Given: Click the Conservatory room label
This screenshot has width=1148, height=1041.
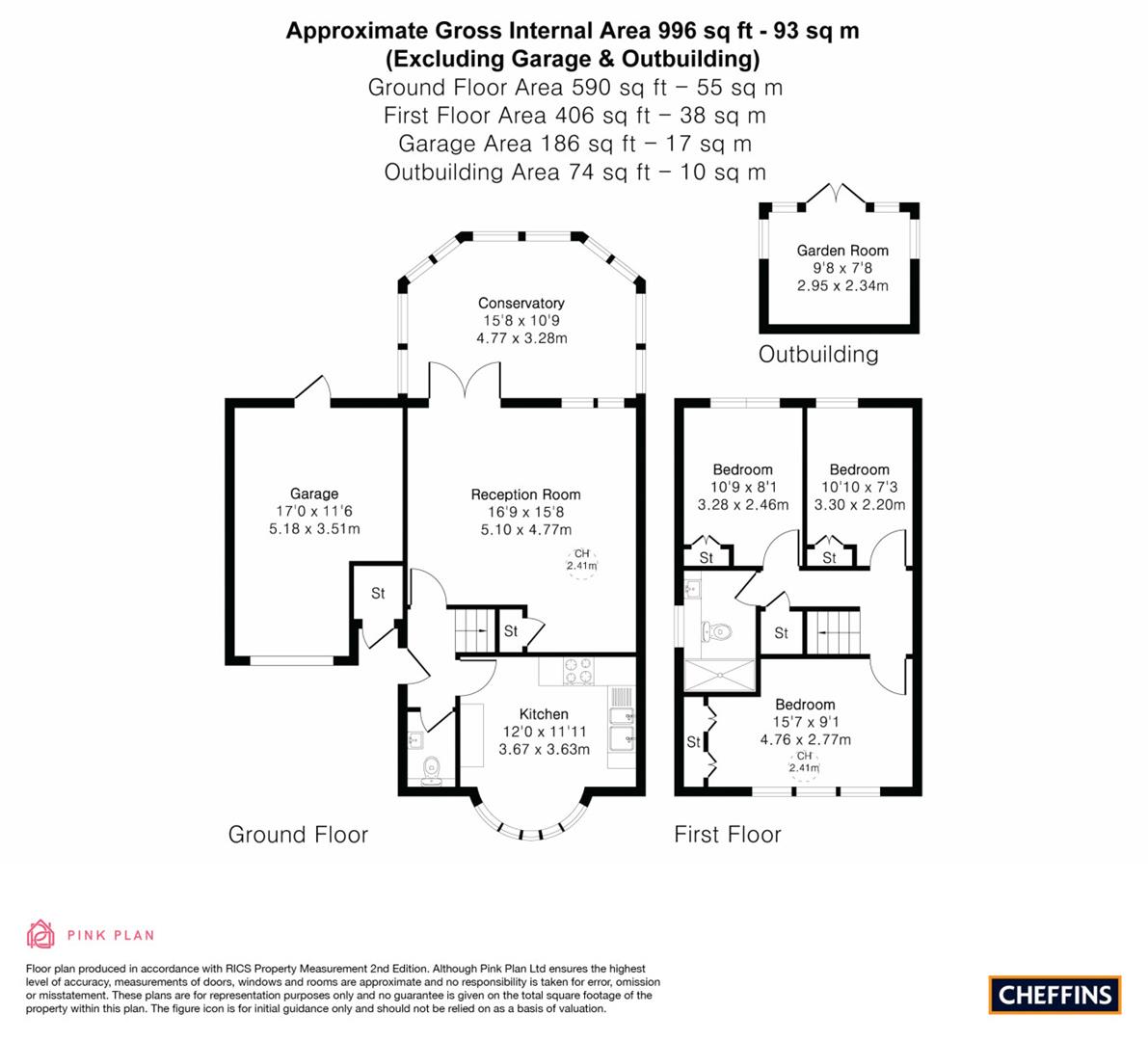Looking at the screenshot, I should [521, 303].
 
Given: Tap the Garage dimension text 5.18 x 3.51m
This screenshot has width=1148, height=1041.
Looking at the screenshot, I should [314, 528].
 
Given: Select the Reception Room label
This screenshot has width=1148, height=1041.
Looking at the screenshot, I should [525, 494].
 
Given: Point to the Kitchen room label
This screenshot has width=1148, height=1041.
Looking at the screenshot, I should [544, 714].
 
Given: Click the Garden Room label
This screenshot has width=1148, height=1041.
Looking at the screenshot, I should [841, 251].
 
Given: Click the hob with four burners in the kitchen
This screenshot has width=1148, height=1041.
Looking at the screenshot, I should [577, 671].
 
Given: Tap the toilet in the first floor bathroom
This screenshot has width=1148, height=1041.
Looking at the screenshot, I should [718, 631].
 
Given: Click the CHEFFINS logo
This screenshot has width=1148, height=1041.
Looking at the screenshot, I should [1055, 994].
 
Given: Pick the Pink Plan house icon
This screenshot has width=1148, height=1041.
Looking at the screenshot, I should [41, 934].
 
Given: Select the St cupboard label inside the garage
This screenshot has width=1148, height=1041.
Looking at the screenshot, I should [378, 594].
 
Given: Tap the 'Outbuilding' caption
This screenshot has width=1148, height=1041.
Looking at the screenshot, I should [818, 354].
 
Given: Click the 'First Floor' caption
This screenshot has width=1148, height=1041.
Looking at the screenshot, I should [727, 834].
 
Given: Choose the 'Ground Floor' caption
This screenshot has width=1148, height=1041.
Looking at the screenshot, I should [298, 834].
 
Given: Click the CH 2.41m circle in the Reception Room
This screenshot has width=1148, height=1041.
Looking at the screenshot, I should [581, 560].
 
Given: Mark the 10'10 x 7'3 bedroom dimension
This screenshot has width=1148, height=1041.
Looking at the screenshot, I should [859, 488].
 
